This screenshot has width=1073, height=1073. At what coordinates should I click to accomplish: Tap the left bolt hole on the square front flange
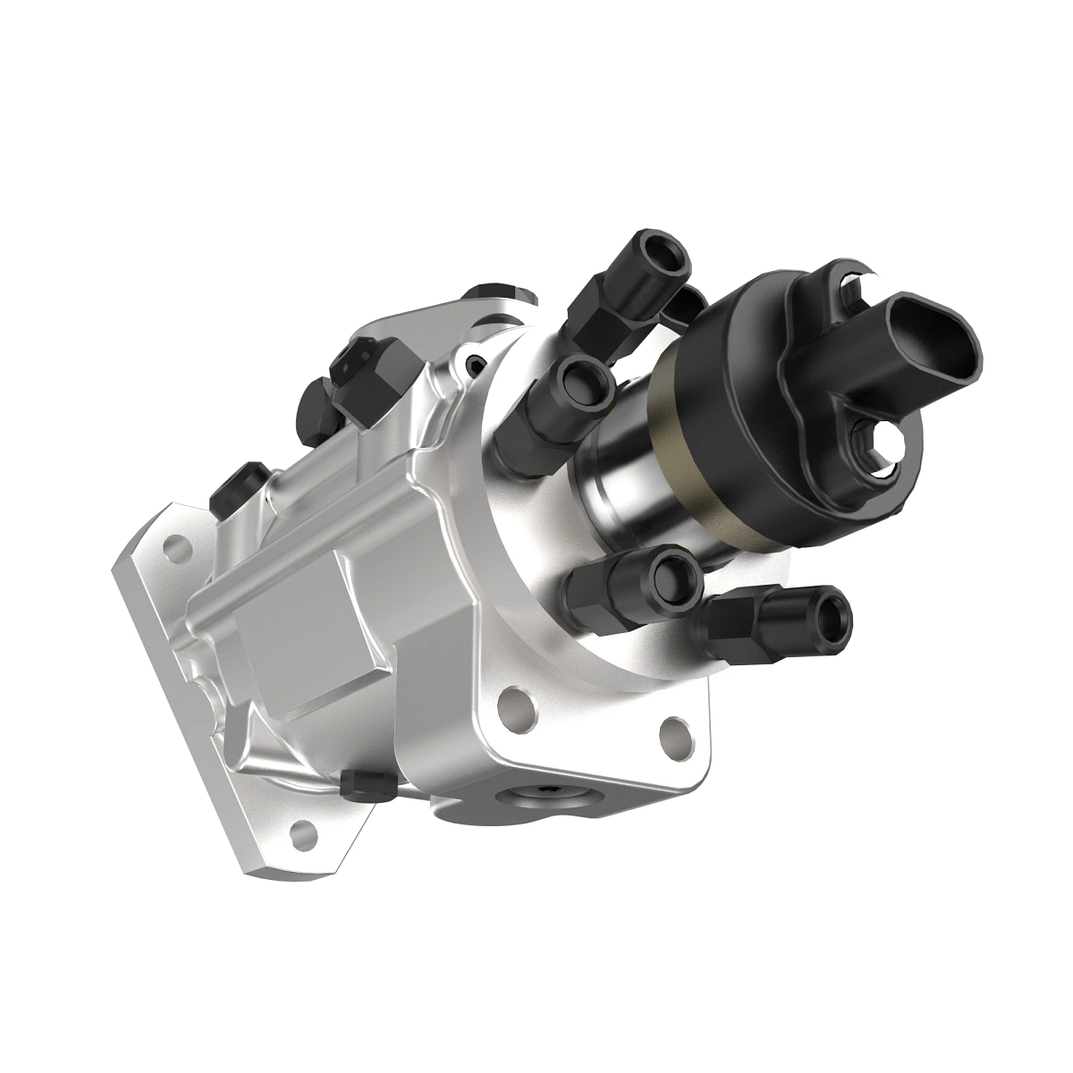[x=520, y=706]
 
